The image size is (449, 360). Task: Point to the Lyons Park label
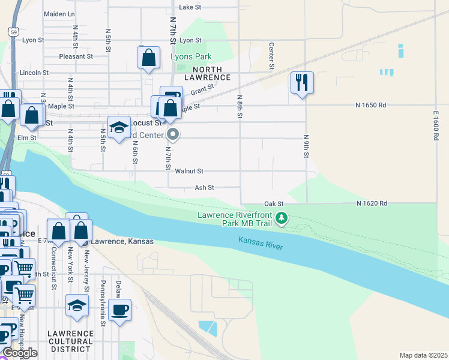pyautogui.click(x=191, y=56)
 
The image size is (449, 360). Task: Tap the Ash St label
pyautogui.click(x=204, y=188)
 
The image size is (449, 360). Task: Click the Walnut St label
pyautogui.click(x=189, y=171)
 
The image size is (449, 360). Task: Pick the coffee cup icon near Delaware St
pyautogui.click(x=120, y=310)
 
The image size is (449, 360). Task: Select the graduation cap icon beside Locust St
pyautogui.click(x=119, y=127)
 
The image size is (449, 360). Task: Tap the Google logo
pyautogui.click(x=20, y=352)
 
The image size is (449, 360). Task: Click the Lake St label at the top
pyautogui.click(x=189, y=7)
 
